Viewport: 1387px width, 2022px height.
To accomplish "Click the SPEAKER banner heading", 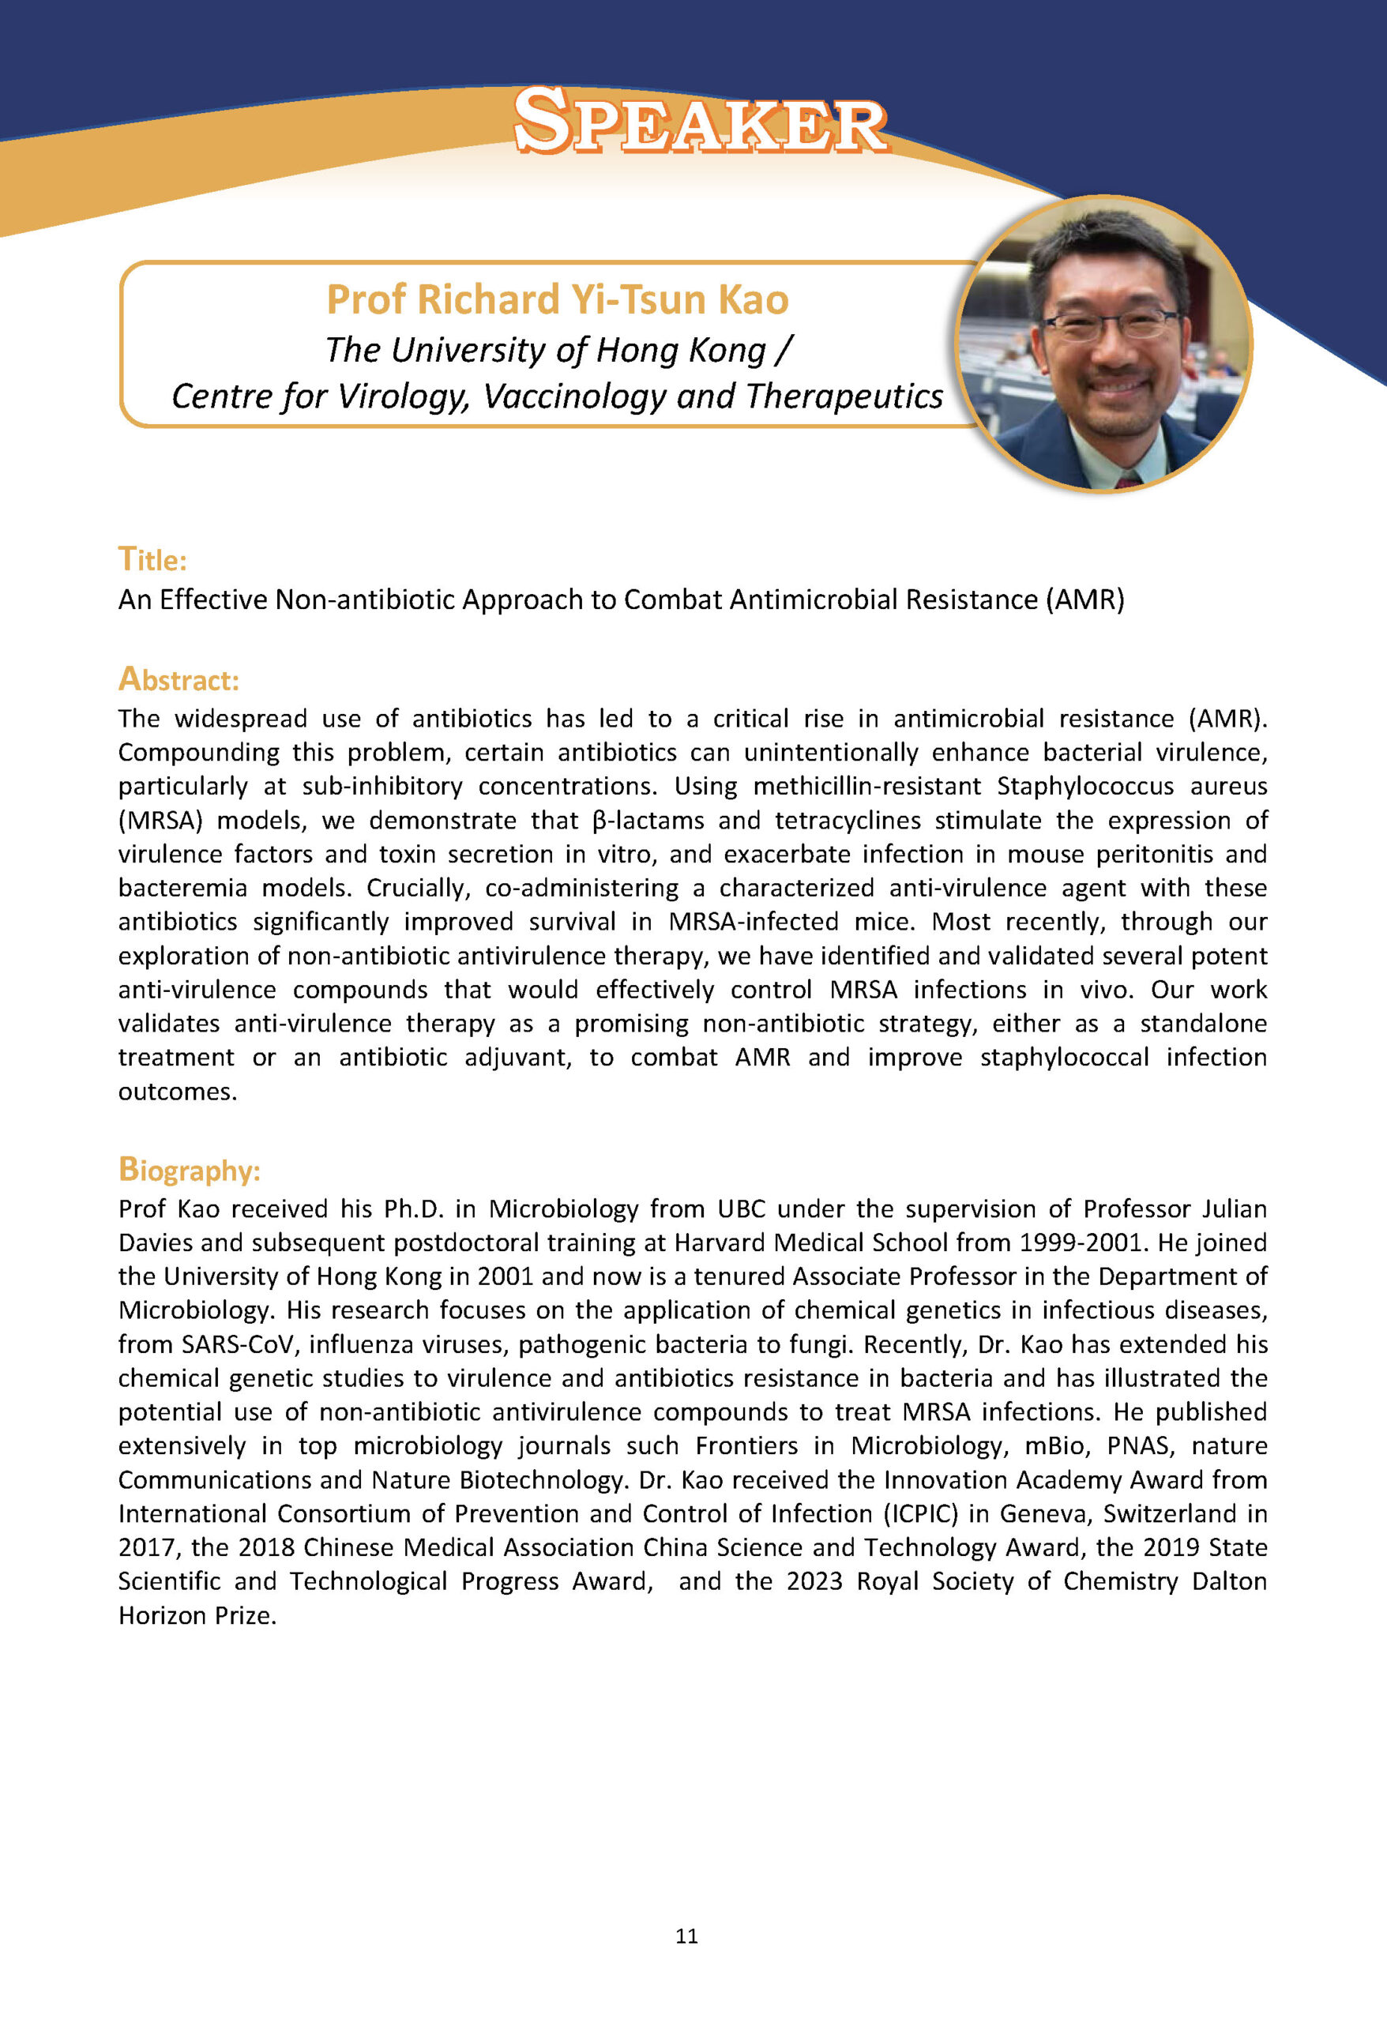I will point(701,122).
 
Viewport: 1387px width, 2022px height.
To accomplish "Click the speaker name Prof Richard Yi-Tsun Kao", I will point(558,299).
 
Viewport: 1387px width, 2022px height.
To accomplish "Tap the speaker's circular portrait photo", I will point(1103,344).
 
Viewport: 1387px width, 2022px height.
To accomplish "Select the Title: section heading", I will point(152,559).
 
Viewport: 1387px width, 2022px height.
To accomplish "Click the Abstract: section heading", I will point(179,679).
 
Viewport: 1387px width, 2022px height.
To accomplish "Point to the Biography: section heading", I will point(189,1171).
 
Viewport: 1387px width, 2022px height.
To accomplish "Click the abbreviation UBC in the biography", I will point(739,1208).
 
